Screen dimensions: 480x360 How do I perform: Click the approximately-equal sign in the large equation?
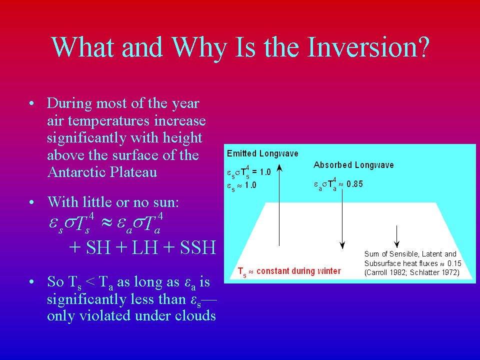[106, 222]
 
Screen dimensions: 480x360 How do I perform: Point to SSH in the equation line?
[198, 247]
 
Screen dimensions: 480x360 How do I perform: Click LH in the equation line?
[145, 247]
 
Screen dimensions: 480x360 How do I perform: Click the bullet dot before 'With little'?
[31, 202]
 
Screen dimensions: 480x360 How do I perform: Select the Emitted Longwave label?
[262, 153]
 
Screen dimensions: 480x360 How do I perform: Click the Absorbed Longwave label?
[353, 165]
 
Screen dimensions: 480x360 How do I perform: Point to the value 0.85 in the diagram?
[355, 184]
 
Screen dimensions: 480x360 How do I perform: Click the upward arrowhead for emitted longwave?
[279, 167]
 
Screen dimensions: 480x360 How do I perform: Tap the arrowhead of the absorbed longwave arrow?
[342, 245]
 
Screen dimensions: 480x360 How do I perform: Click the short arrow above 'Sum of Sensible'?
[396, 236]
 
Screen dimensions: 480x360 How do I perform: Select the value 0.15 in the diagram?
[454, 263]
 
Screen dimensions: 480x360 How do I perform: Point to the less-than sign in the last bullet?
[90, 281]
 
